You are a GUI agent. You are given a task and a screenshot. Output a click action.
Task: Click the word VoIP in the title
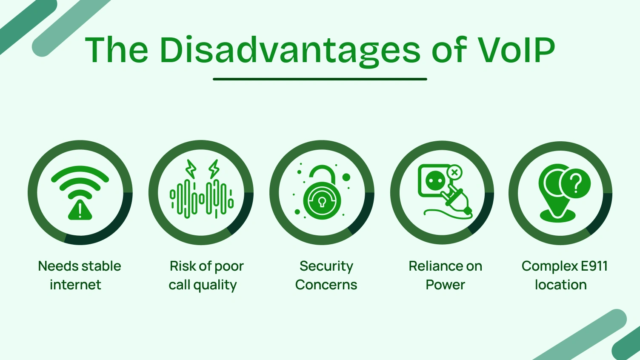[516, 50]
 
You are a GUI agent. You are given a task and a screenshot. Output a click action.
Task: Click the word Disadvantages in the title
[290, 51]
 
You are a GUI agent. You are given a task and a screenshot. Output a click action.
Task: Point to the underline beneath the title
[320, 79]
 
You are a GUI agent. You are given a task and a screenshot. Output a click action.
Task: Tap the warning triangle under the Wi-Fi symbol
[80, 210]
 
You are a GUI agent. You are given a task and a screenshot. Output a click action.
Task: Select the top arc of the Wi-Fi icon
[80, 172]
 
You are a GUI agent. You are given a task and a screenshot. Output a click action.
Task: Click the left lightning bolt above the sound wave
[191, 169]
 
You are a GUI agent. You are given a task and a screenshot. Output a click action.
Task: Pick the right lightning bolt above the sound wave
[214, 169]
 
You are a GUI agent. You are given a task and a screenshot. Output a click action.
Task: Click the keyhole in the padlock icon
[322, 201]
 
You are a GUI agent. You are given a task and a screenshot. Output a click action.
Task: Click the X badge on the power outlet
[454, 172]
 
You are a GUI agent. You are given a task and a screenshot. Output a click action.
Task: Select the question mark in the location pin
[576, 183]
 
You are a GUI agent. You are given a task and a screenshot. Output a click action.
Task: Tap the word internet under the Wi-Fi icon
[75, 285]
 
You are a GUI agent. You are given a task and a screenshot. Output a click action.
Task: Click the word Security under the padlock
[326, 266]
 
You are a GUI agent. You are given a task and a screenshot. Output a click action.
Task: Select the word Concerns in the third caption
[326, 285]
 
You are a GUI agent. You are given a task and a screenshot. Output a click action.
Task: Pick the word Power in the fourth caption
[445, 285]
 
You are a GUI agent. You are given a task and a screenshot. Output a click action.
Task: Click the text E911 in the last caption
[594, 266]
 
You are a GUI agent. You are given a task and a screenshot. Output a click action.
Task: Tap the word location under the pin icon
[560, 285]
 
